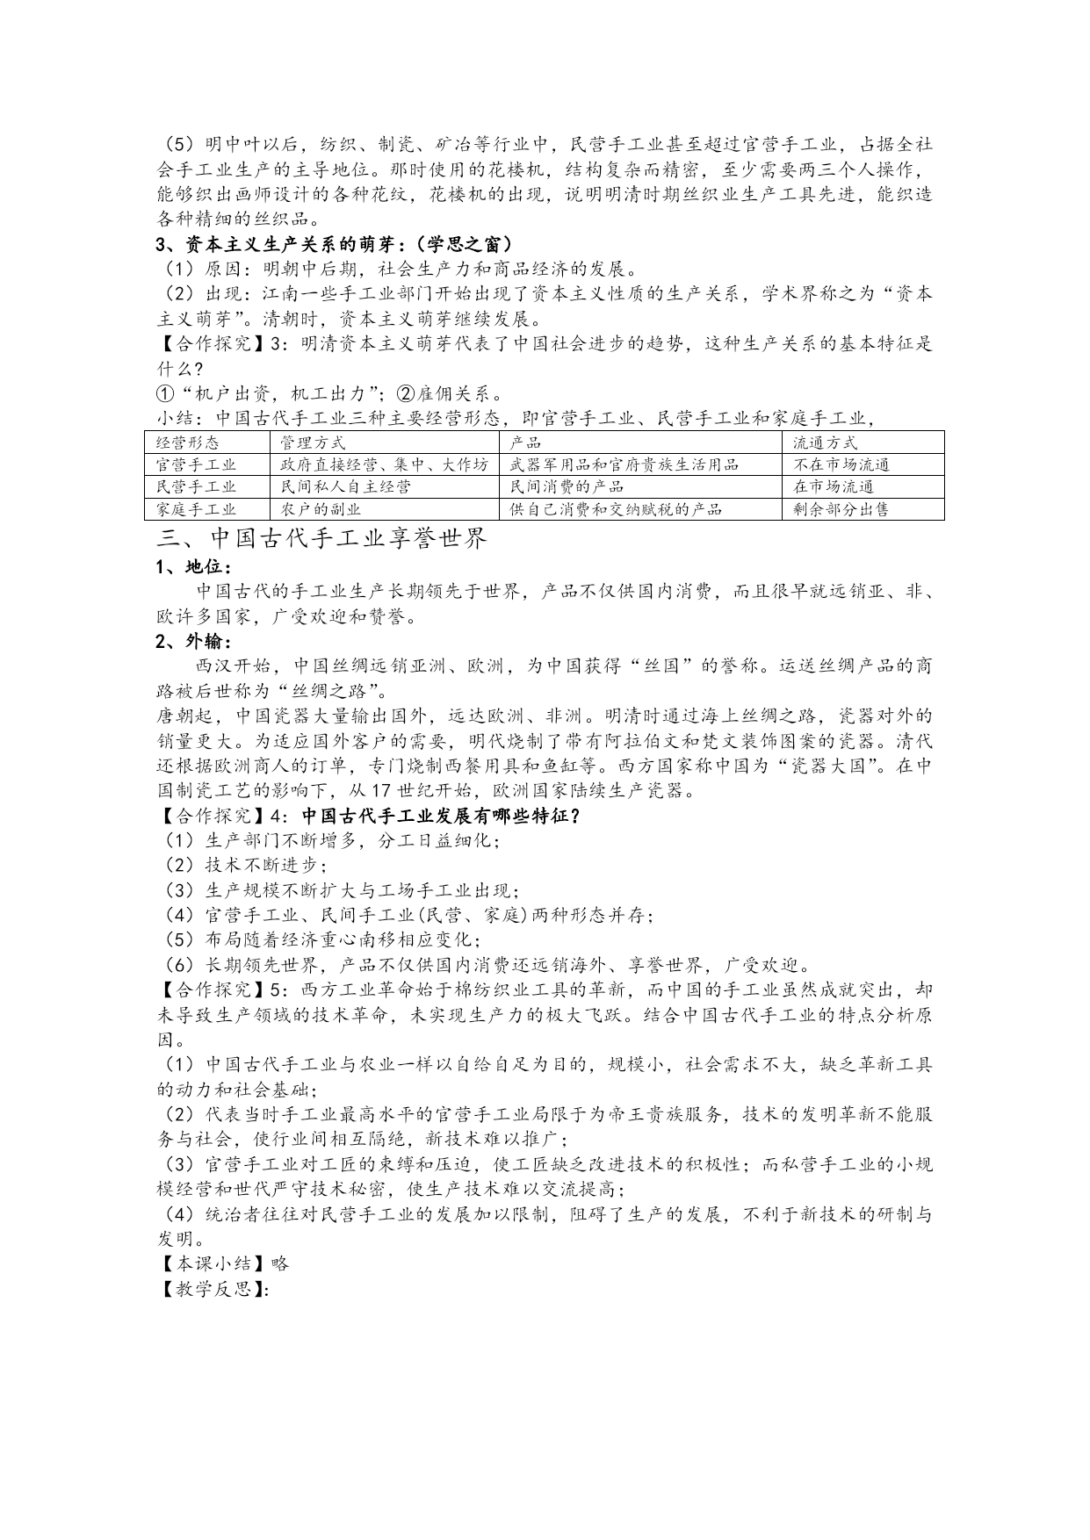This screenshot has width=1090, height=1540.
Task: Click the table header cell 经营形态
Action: click(x=188, y=443)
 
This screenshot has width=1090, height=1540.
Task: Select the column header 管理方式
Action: click(x=313, y=443)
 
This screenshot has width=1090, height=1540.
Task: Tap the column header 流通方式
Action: click(x=825, y=443)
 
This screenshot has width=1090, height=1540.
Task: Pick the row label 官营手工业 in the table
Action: click(x=196, y=464)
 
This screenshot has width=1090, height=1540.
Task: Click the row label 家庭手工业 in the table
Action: click(x=196, y=509)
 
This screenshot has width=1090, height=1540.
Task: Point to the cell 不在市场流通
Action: click(x=841, y=464)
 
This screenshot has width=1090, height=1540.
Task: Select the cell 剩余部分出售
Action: click(x=841, y=509)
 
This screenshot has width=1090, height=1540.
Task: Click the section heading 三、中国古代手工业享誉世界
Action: click(x=321, y=538)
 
